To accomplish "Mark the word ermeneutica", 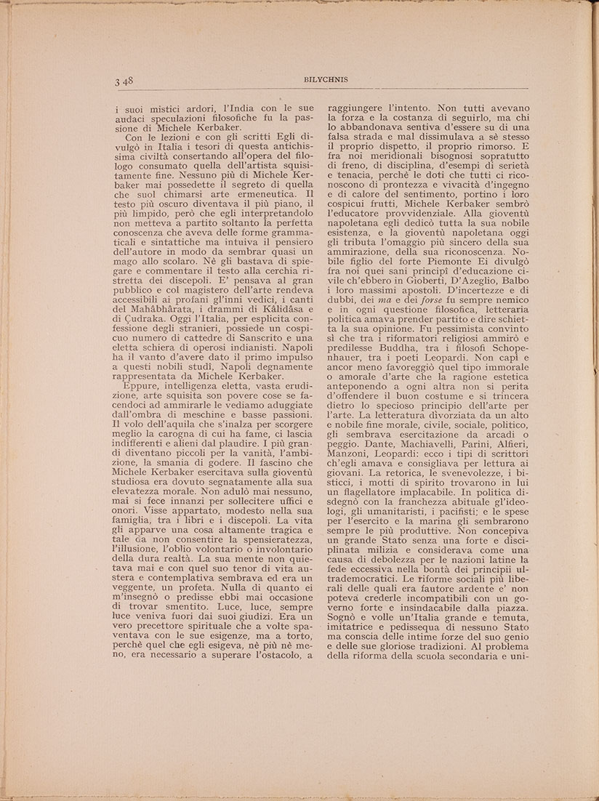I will coord(256,195).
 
